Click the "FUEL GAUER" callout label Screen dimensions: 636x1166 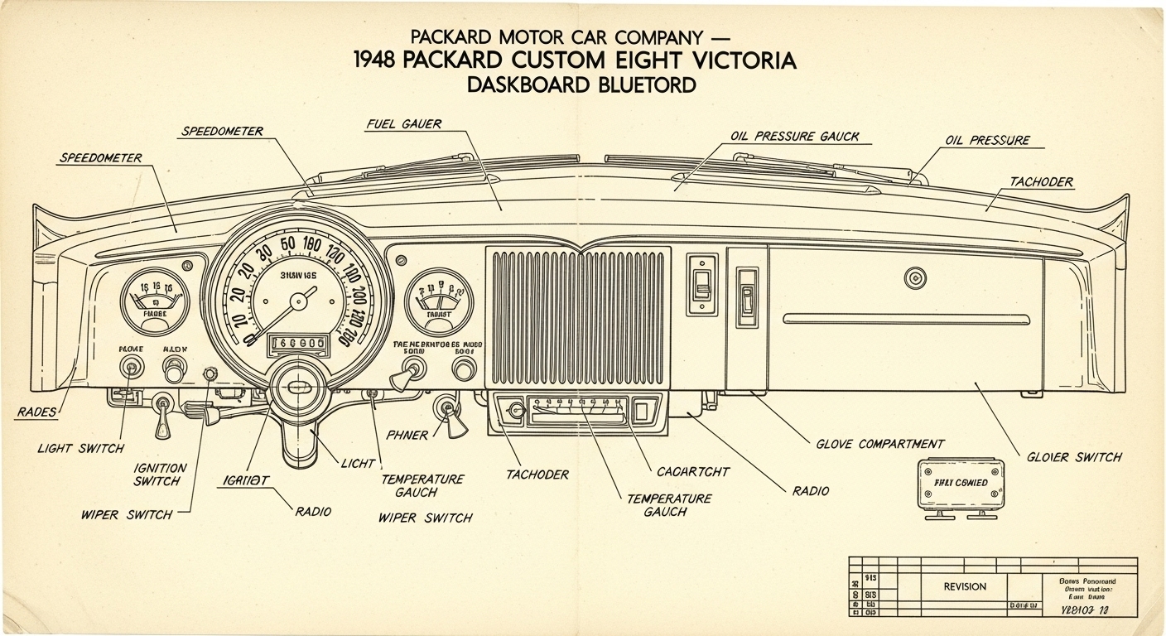(x=403, y=124)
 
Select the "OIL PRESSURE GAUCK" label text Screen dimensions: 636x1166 (x=795, y=136)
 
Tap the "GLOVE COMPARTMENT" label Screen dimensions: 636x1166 (x=879, y=445)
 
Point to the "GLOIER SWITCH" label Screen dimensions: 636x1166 (x=1074, y=457)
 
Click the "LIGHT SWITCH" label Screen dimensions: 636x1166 (x=80, y=448)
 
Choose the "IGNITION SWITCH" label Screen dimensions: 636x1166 (x=160, y=474)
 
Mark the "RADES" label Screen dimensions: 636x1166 (x=36, y=412)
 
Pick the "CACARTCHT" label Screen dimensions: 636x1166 (x=693, y=471)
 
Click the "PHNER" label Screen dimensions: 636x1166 (x=407, y=436)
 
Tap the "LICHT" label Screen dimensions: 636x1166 (x=359, y=464)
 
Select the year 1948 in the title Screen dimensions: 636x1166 (x=381, y=60)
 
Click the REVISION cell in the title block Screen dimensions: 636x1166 (x=965, y=586)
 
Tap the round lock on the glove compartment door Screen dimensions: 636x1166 (x=915, y=277)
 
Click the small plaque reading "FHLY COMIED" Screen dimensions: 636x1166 (x=960, y=482)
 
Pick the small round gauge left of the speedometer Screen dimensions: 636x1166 (x=154, y=301)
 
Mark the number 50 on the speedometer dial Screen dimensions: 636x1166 (x=288, y=243)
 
